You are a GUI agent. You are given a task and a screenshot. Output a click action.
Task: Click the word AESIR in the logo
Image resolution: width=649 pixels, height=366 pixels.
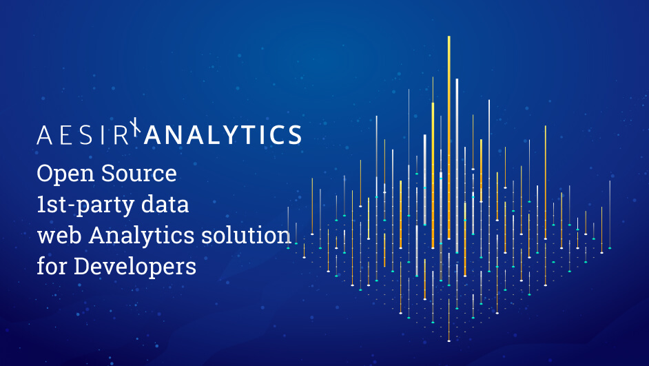pyautogui.click(x=83, y=135)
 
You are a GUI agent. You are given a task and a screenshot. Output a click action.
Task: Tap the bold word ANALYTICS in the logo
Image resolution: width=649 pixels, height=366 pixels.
pyautogui.click(x=222, y=135)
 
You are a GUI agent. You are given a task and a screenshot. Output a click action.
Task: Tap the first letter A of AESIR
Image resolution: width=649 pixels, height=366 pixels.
pyautogui.click(x=43, y=135)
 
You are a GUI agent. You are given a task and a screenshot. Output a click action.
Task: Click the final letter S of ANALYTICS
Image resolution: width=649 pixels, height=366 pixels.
pyautogui.click(x=294, y=135)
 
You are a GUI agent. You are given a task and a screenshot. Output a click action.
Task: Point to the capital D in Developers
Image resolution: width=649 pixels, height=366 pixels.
pyautogui.click(x=81, y=266)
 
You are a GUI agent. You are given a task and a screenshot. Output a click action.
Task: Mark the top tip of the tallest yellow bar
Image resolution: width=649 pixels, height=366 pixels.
pyautogui.click(x=449, y=37)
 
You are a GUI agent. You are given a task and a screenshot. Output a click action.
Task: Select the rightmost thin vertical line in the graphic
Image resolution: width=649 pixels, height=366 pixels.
pyautogui.click(x=609, y=214)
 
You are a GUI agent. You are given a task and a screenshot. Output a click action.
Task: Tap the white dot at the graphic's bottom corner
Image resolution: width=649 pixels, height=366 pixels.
pyautogui.click(x=449, y=340)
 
